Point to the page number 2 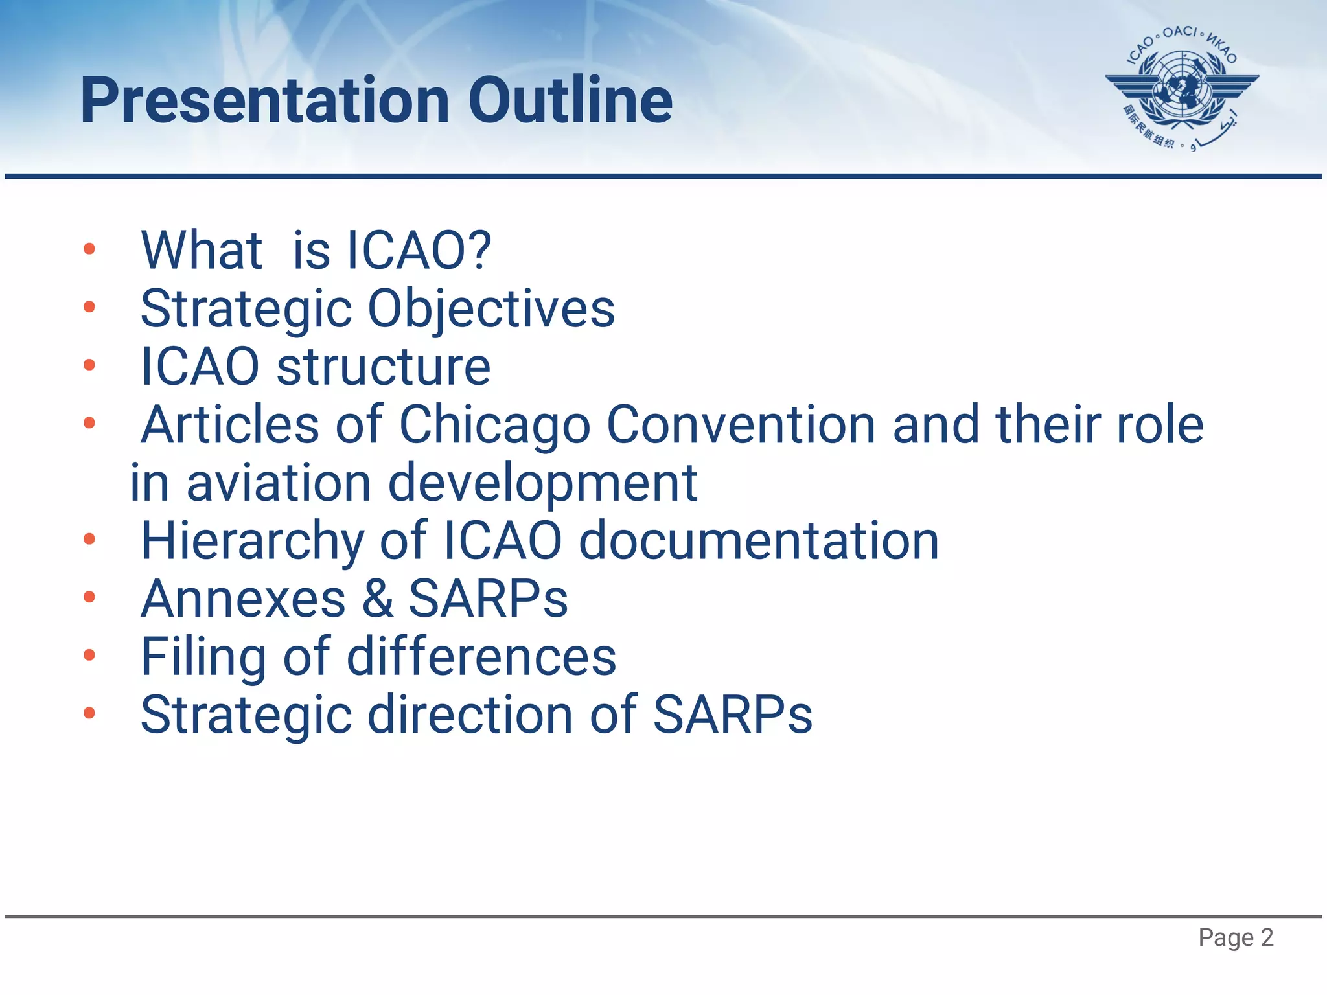pyautogui.click(x=1267, y=937)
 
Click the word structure pyautogui.click(x=384, y=367)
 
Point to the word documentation pyautogui.click(x=758, y=542)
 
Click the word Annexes pyautogui.click(x=243, y=599)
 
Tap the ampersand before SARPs pyautogui.click(x=378, y=599)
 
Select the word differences pyautogui.click(x=481, y=658)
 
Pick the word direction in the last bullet pyautogui.click(x=471, y=715)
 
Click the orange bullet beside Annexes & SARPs pyautogui.click(x=89, y=597)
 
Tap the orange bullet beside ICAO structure pyautogui.click(x=89, y=365)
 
